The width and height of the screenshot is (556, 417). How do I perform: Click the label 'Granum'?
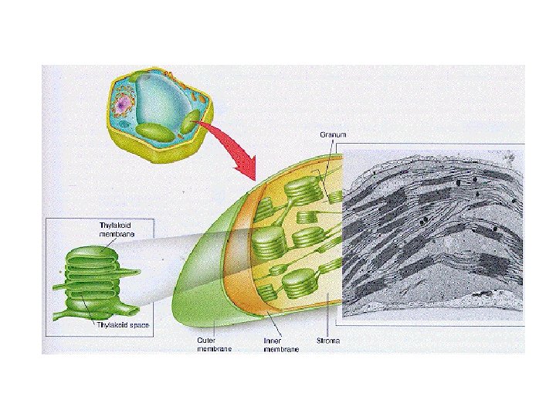333,134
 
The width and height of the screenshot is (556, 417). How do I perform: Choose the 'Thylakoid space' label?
122,326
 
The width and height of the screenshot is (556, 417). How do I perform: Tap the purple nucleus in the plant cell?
123,102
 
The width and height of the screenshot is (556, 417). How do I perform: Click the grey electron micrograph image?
432,232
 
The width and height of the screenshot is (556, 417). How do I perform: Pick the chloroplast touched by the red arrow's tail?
192,119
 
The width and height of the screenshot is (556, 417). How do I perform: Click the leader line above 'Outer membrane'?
212,324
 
